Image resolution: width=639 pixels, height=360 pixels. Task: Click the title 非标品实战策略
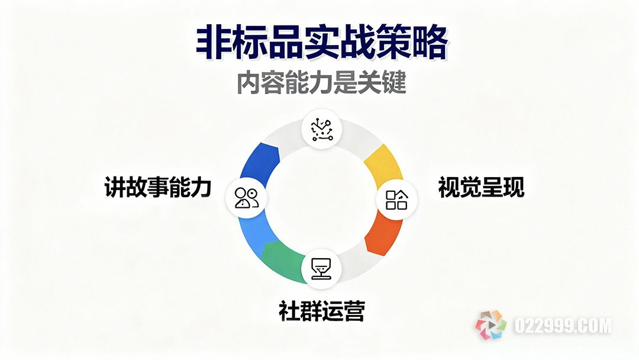tap(321, 43)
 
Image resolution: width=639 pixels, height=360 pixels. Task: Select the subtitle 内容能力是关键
tap(321, 83)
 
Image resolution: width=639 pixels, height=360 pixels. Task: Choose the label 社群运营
tap(321, 310)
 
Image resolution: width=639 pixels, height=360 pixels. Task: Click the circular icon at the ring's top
tap(321, 128)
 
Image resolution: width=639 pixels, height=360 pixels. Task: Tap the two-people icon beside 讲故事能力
tap(247, 197)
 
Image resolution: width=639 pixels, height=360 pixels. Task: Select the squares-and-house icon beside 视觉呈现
tap(397, 199)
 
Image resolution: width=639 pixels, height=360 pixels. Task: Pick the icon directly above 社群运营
tap(321, 268)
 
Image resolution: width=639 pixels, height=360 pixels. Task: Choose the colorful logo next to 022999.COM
tap(491, 325)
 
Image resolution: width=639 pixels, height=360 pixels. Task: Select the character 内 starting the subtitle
tap(248, 83)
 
